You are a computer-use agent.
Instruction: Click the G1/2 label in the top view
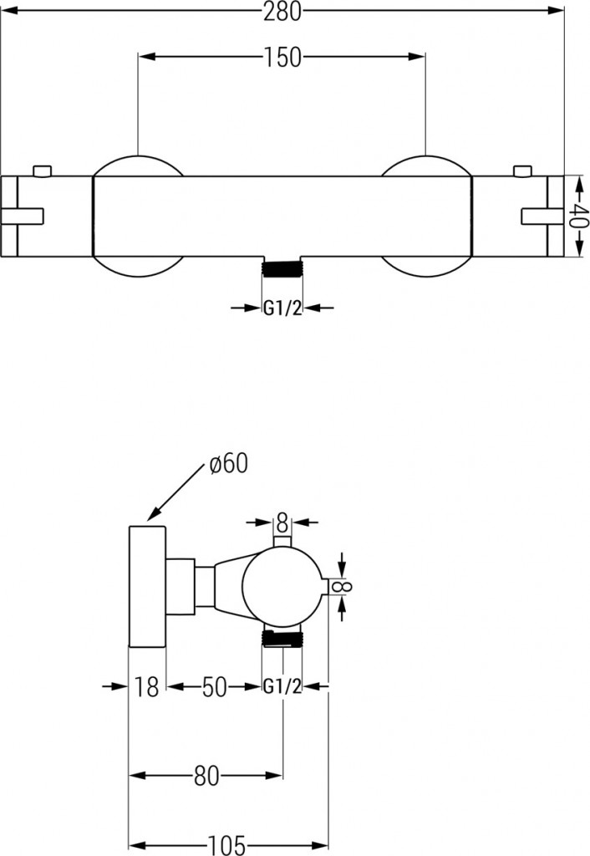[282, 308]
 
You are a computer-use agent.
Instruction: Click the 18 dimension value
[146, 687]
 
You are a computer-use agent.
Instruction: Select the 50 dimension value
[214, 687]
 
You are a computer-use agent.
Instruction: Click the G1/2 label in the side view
[282, 687]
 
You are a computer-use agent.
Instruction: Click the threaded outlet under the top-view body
[282, 269]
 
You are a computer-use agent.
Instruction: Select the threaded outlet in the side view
[282, 639]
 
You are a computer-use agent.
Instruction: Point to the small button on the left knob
[42, 171]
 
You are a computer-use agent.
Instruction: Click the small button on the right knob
[522, 171]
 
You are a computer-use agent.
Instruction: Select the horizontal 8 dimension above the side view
[282, 523]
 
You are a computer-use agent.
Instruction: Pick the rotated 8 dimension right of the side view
[342, 585]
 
